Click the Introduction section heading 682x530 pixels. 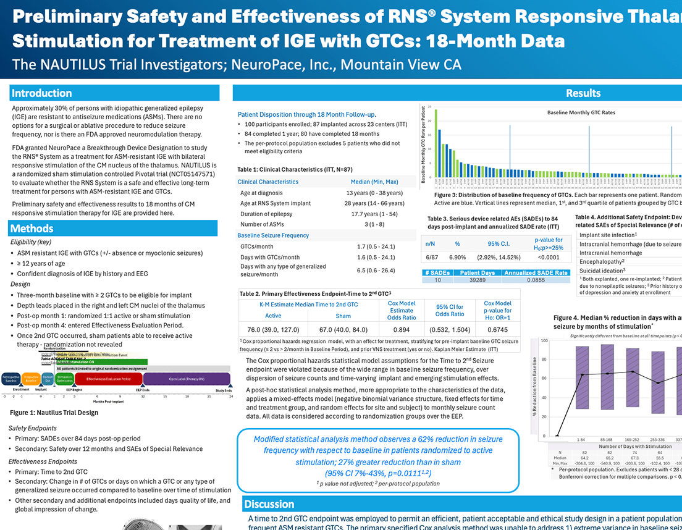pos(41,93)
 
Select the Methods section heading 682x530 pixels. pos(32,229)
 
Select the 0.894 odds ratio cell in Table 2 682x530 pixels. pos(401,329)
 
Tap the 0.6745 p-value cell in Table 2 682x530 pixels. pos(497,329)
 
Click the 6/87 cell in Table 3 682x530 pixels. pos(432,256)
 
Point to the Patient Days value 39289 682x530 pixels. pos(477,280)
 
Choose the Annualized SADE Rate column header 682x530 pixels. pos(536,272)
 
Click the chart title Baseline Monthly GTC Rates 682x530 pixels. pos(581,113)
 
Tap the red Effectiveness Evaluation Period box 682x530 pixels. pos(108,379)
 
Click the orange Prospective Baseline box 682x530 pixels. pos(32,379)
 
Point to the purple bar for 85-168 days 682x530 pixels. pos(607,379)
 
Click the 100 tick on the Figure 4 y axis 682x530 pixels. pos(544,341)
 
